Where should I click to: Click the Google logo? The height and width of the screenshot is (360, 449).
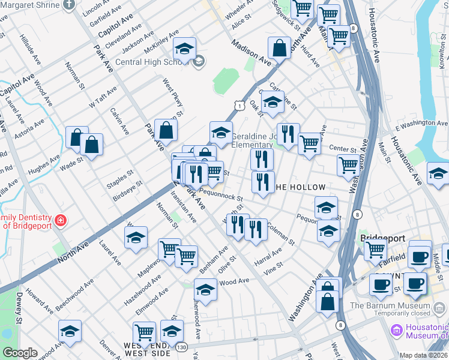[x=20, y=353]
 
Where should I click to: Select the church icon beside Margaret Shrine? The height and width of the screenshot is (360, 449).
[x=69, y=5]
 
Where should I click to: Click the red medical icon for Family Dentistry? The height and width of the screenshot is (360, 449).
[x=60, y=221]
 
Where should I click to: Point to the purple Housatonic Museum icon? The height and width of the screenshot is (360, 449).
[x=396, y=330]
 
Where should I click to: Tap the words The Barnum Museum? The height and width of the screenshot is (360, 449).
[x=390, y=305]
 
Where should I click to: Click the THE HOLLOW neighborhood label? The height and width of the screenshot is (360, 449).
[x=300, y=187]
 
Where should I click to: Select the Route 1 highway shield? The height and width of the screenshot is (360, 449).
[x=239, y=106]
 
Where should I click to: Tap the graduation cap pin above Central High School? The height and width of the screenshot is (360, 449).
[x=185, y=49]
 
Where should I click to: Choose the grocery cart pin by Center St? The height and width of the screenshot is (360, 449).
[x=309, y=143]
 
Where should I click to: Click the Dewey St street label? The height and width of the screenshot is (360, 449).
[x=19, y=312]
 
